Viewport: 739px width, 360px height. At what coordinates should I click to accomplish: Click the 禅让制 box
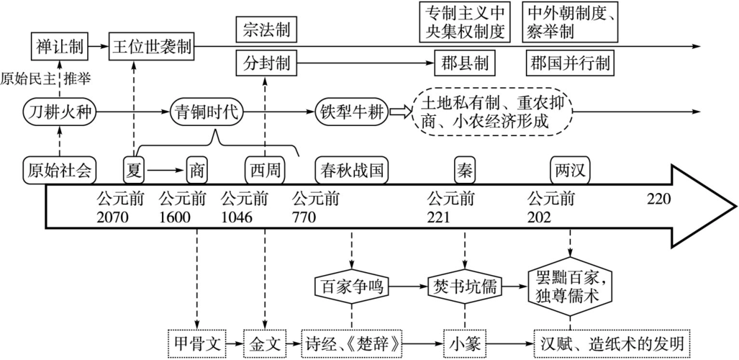point(60,47)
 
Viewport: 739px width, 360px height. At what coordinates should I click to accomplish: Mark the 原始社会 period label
point(60,171)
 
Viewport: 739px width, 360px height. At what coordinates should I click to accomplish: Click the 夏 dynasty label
point(132,171)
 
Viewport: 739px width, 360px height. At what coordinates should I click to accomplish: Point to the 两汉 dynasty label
point(569,171)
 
